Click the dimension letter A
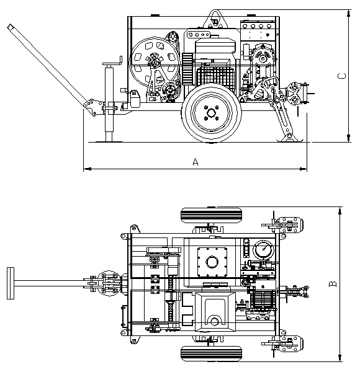[x=195, y=162]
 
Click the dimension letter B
[x=333, y=284]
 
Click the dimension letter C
[x=341, y=76]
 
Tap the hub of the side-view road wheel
[x=211, y=113]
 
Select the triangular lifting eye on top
[x=215, y=19]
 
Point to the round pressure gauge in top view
[x=263, y=250]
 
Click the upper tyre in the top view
[x=211, y=215]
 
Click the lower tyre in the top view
[x=211, y=353]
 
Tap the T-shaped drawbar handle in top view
[x=11, y=283]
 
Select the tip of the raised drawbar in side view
[x=10, y=27]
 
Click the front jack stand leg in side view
[x=109, y=102]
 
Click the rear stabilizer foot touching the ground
[x=290, y=138]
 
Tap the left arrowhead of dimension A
[x=88, y=169]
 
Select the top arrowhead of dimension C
[x=348, y=13]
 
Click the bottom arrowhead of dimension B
[x=340, y=358]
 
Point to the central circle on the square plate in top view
[x=212, y=262]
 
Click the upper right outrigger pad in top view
[x=290, y=224]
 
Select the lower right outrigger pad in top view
[x=290, y=343]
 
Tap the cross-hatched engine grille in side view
[x=215, y=76]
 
